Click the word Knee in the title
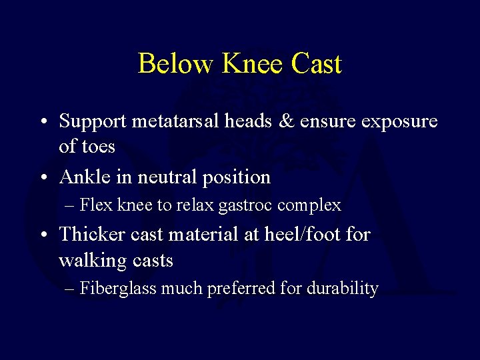[252, 64]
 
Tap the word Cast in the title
[316, 64]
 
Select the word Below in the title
[175, 64]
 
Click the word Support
[93, 121]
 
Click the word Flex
[97, 205]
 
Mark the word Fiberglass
[117, 289]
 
